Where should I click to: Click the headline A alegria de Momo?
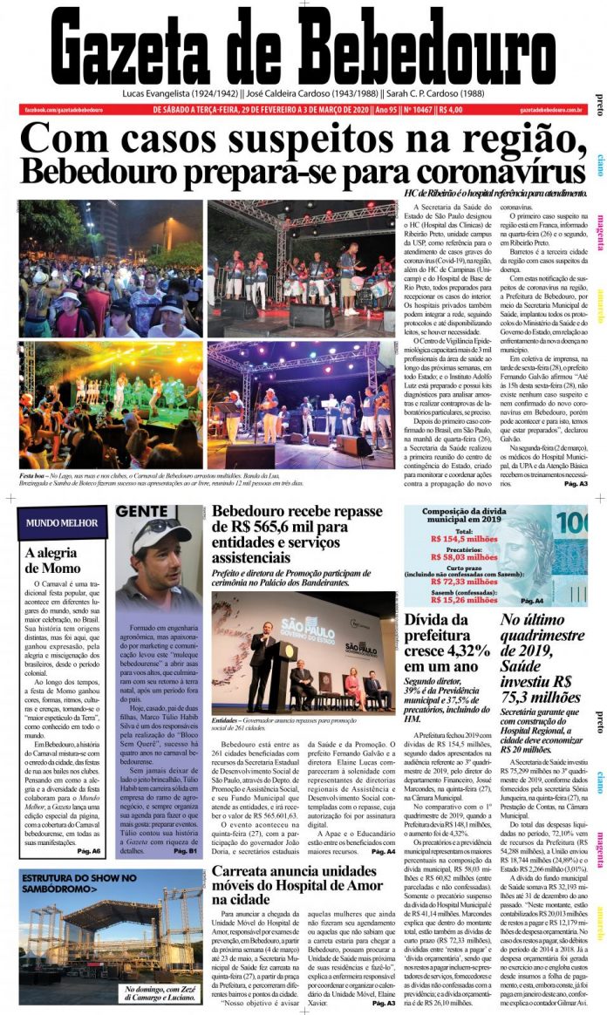[x=53, y=561]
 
